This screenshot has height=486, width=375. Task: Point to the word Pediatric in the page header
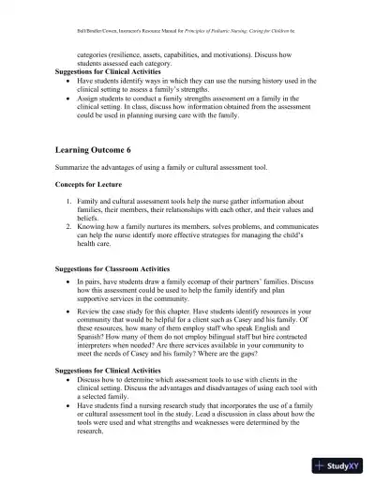click(251, 19)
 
